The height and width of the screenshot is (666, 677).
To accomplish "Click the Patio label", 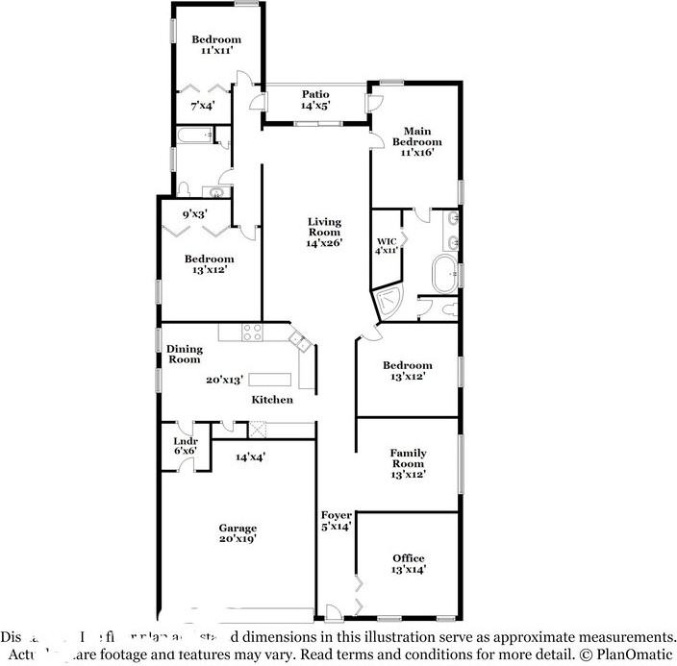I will tap(315, 94).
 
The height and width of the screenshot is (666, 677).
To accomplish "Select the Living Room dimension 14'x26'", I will tap(324, 244).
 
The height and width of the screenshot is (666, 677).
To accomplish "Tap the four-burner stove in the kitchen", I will tap(252, 333).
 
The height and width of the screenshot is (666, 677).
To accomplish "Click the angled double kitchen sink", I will tap(299, 340).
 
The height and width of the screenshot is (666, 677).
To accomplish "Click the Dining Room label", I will tap(183, 354).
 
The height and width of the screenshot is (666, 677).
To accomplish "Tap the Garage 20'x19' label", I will tap(237, 533).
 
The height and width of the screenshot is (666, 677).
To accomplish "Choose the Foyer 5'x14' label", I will tap(336, 520).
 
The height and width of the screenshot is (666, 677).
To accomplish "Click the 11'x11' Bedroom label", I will tap(215, 44).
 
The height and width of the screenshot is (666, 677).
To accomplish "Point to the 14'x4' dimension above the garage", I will tap(250, 457).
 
